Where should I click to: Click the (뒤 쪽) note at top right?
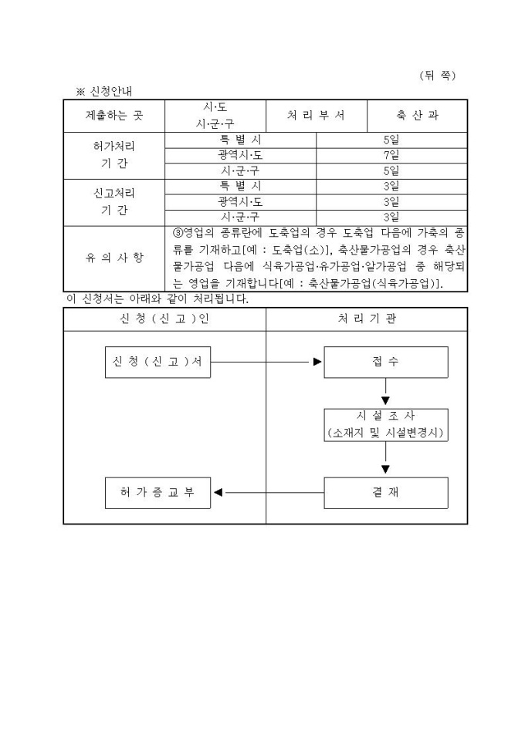tap(438, 75)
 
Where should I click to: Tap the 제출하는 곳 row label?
tap(114, 116)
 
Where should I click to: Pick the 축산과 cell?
tap(417, 116)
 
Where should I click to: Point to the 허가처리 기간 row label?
tap(114, 155)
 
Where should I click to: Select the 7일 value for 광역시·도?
tap(391, 155)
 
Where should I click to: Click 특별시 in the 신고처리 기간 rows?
tap(240, 186)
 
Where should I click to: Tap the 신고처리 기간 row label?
tap(114, 201)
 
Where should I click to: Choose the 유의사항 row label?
tap(114, 258)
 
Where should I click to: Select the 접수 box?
tap(385, 362)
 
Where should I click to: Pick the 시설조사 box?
tap(385, 424)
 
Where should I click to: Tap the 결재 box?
tap(385, 493)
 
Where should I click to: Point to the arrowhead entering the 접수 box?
tap(317, 362)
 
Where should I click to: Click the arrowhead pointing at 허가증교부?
tap(218, 493)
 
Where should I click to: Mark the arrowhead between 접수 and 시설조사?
tap(385, 401)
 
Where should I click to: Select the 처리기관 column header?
tap(367, 319)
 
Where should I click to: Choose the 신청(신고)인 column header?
tap(164, 319)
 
